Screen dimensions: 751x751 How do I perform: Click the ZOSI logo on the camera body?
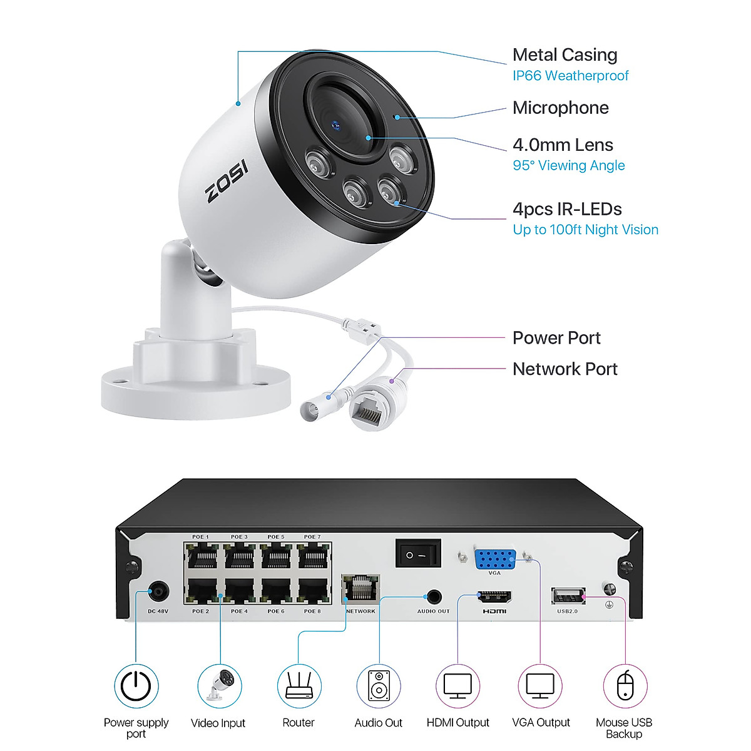tap(227, 181)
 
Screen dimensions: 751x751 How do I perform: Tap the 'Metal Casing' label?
tap(565, 55)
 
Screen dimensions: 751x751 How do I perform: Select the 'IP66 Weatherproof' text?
tap(570, 76)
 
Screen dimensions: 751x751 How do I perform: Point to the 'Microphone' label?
tap(560, 108)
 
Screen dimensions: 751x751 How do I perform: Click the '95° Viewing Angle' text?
tap(568, 165)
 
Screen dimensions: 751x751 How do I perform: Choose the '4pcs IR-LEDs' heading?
tap(567, 209)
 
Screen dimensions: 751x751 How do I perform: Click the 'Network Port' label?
tap(565, 369)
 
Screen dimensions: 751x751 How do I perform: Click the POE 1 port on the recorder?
tap(202, 556)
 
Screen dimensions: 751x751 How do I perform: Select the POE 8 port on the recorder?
tap(313, 590)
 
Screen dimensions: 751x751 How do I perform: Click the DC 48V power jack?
tap(158, 592)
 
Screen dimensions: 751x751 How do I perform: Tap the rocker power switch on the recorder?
tap(418, 554)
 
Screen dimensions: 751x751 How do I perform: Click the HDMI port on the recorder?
tap(494, 596)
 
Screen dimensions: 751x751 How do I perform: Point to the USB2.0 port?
tap(568, 596)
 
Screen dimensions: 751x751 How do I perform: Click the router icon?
tap(299, 687)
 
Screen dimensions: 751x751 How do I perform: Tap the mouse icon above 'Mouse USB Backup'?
tap(624, 687)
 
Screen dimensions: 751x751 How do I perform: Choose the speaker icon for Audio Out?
tap(378, 687)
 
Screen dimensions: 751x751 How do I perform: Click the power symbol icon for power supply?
tap(136, 686)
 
